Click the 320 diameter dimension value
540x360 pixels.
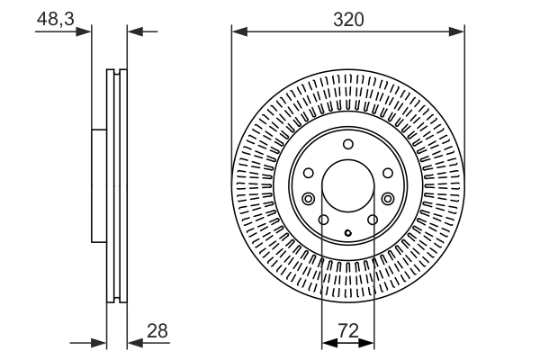pyautogui.click(x=347, y=18)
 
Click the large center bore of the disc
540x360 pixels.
pyautogui.click(x=347, y=187)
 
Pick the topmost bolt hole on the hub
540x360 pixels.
pyautogui.click(x=347, y=145)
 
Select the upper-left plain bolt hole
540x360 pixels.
pyautogui.click(x=309, y=172)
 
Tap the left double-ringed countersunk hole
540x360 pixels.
pyautogui.click(x=309, y=199)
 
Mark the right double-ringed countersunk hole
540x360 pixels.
pyautogui.click(x=387, y=199)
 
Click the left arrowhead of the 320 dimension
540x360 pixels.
pyautogui.click(x=238, y=31)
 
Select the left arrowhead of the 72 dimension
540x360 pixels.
pyautogui.click(x=328, y=343)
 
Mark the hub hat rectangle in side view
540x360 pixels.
pyautogui.click(x=99, y=185)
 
